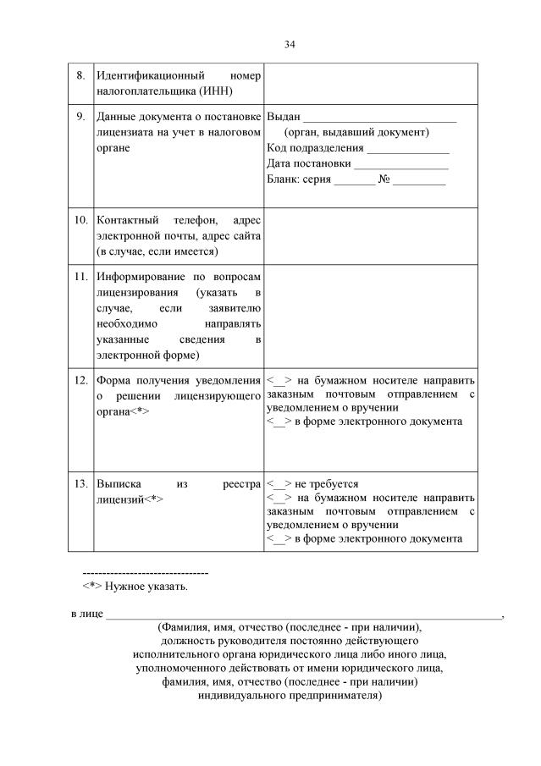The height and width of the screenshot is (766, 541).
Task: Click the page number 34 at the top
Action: coord(290,43)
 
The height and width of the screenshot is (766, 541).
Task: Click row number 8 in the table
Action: coord(80,75)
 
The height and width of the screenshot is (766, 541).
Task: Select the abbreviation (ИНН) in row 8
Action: coord(213,91)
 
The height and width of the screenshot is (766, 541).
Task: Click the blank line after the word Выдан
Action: coord(379,118)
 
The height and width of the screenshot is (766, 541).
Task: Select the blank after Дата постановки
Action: coord(401,164)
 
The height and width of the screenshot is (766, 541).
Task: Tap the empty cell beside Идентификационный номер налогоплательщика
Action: coord(370,83)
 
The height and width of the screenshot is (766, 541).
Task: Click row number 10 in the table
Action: coord(81,220)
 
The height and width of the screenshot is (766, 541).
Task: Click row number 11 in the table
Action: coord(81,277)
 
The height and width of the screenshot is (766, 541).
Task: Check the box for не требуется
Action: coord(279,483)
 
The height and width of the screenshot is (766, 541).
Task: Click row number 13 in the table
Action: coord(81,483)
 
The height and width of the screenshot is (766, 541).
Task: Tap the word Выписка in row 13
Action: coord(118,483)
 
